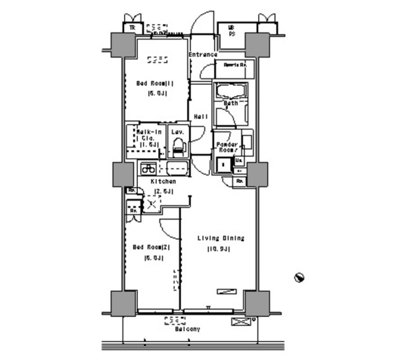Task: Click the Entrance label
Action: (203, 55)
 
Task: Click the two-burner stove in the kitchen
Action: (148, 169)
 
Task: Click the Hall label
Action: (201, 116)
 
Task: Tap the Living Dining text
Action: (221, 238)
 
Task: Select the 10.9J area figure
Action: (218, 249)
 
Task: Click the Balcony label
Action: (187, 329)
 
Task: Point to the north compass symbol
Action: (300, 277)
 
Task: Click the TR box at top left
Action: (132, 28)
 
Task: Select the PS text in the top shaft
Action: (232, 34)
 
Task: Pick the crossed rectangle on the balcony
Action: (240, 322)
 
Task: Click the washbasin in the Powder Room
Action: (247, 142)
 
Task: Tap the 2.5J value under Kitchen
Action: (162, 192)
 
